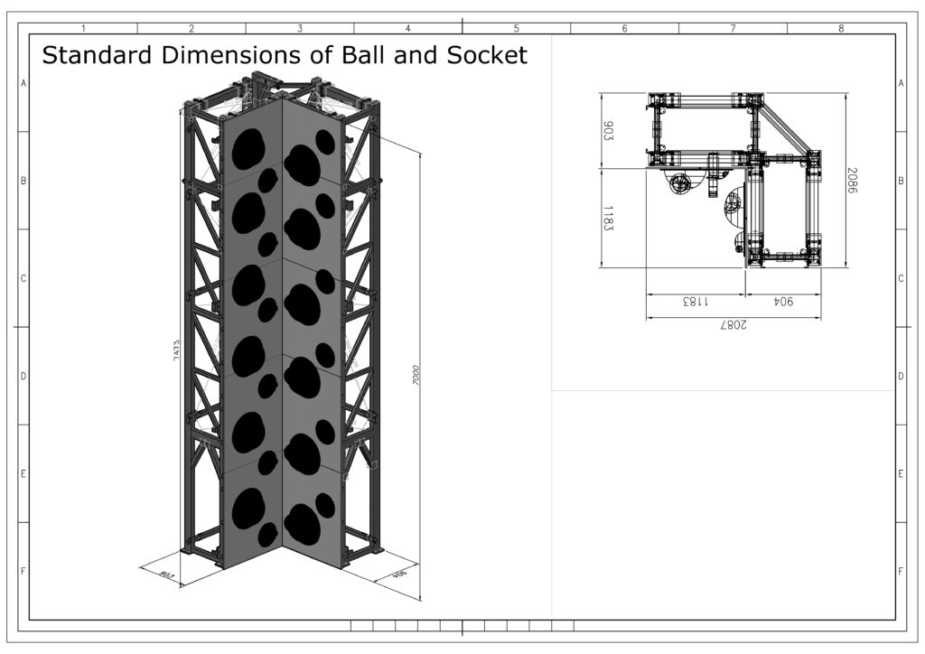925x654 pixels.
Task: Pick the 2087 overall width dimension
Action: pyautogui.click(x=733, y=326)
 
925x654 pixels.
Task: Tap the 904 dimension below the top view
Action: pyautogui.click(x=782, y=303)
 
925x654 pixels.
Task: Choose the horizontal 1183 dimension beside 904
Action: pyautogui.click(x=695, y=303)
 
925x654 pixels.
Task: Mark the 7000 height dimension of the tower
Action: pyautogui.click(x=416, y=376)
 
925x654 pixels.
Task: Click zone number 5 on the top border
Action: pyautogui.click(x=516, y=28)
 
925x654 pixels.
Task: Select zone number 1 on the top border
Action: pyautogui.click(x=83, y=28)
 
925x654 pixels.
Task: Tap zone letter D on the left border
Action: pyautogui.click(x=23, y=376)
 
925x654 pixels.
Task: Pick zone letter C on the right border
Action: pyautogui.click(x=901, y=278)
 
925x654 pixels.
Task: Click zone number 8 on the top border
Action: pyautogui.click(x=840, y=28)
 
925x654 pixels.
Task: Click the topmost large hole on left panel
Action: pyautogui.click(x=247, y=149)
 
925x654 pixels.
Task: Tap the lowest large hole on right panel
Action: pyautogui.click(x=303, y=525)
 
